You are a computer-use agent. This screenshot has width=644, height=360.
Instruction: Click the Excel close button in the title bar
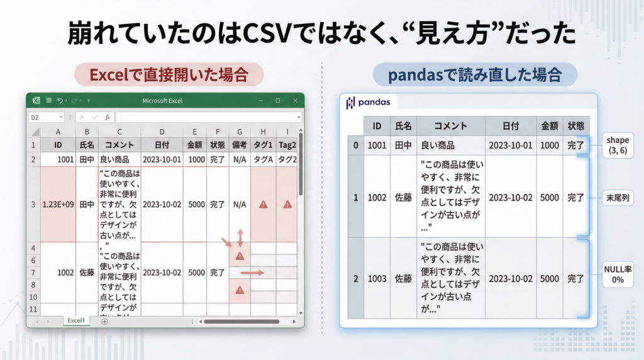294,101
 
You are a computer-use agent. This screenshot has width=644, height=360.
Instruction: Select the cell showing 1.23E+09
58,205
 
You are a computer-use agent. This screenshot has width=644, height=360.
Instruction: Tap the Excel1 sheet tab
76,320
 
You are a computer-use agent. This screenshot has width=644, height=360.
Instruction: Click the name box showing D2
46,117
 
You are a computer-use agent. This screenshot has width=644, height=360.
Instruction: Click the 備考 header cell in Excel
240,145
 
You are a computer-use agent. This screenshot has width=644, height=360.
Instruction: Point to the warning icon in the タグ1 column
263,205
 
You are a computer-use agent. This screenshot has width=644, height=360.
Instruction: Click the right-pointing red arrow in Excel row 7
252,273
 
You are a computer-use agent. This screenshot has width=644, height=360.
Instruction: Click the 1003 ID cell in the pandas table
377,278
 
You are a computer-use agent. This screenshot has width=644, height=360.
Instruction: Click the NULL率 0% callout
618,274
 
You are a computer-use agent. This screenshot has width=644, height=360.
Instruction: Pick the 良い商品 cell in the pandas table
438,145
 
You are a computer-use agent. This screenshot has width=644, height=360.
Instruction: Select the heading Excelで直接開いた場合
168,75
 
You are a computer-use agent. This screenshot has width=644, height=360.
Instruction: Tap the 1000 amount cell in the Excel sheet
195,159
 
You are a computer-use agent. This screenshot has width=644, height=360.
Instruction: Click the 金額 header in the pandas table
549,126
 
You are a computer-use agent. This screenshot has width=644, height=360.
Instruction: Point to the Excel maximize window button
277,101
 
